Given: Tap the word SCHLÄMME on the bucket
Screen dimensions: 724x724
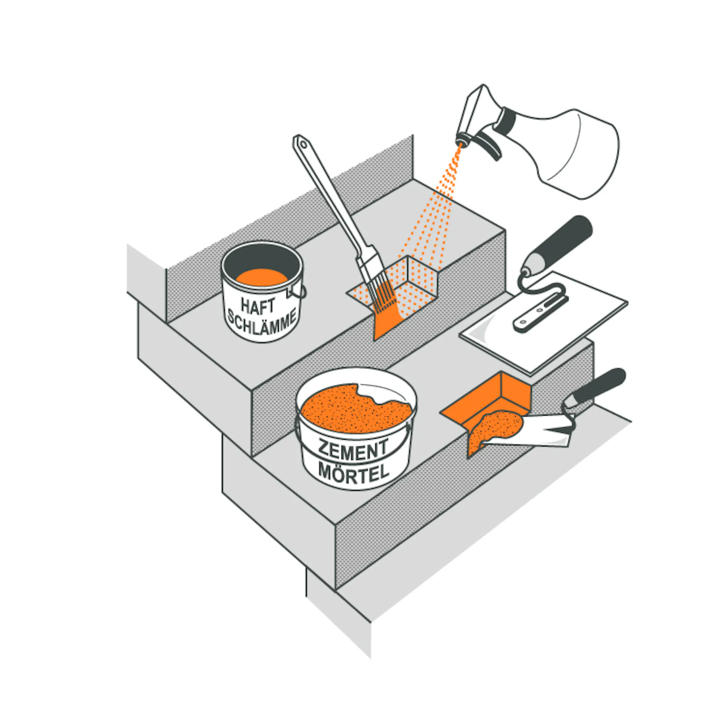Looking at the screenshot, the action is pos(261,325).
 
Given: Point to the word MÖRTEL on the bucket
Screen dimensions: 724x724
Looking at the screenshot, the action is pos(353,473).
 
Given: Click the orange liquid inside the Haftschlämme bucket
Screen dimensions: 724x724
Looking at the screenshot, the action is pos(262,278).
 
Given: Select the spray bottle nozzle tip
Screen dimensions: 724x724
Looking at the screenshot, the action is pos(461,142).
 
